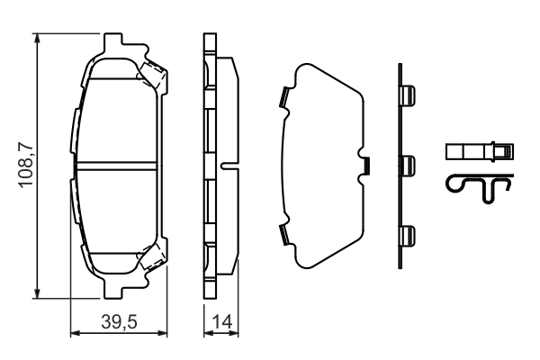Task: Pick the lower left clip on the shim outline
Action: (x=283, y=234)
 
